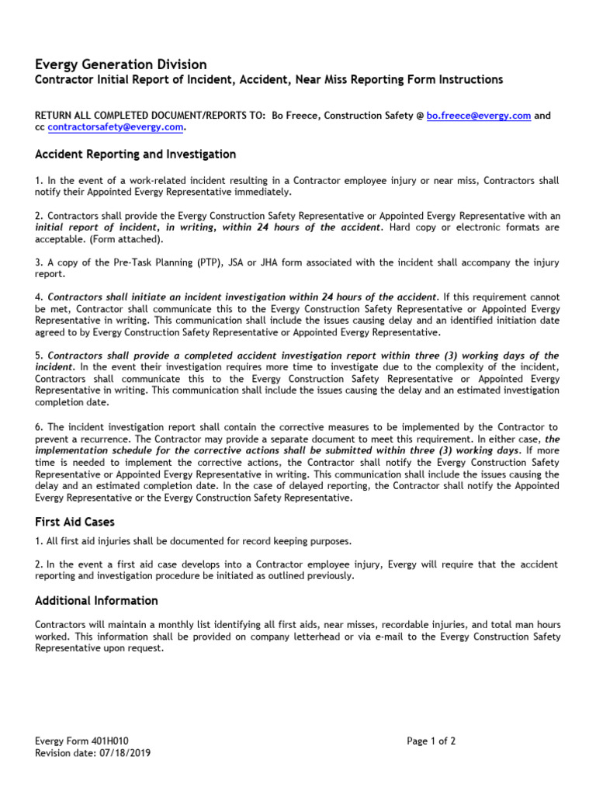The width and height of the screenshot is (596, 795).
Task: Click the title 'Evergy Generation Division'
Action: tap(121, 64)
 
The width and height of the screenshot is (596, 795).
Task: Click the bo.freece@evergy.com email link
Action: tap(479, 116)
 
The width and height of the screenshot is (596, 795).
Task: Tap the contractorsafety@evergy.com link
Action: tap(115, 127)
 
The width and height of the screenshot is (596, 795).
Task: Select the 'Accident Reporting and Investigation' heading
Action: tap(135, 154)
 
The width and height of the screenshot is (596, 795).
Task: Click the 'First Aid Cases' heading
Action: tap(74, 522)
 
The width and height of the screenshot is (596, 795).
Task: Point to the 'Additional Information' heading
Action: tap(96, 601)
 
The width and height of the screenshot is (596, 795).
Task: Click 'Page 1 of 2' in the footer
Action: tap(431, 741)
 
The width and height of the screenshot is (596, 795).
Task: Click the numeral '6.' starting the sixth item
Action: tap(40, 427)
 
